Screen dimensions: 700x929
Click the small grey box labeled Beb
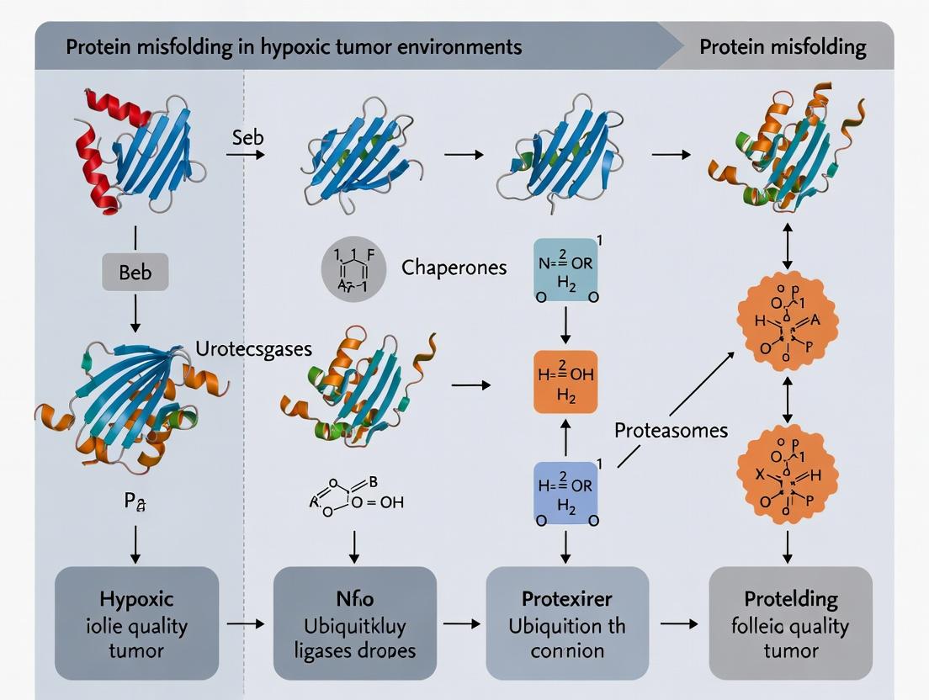(135, 272)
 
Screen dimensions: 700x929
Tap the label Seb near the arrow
(247, 137)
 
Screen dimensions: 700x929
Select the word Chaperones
(454, 268)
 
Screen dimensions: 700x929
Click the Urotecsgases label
(252, 347)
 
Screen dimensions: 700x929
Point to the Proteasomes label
(671, 431)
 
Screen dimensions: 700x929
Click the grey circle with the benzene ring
(353, 269)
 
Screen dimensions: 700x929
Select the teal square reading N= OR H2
(565, 269)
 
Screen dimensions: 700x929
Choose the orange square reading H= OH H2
(565, 382)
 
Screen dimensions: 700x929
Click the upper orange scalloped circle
(787, 322)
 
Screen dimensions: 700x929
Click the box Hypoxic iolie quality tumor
(136, 623)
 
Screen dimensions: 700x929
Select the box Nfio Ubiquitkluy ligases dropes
(354, 623)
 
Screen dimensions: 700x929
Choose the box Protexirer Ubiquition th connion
(567, 623)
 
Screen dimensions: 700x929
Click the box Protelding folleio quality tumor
(790, 623)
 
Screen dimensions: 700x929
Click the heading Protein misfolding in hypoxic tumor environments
(294, 46)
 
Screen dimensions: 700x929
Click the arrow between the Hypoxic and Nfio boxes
(245, 624)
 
